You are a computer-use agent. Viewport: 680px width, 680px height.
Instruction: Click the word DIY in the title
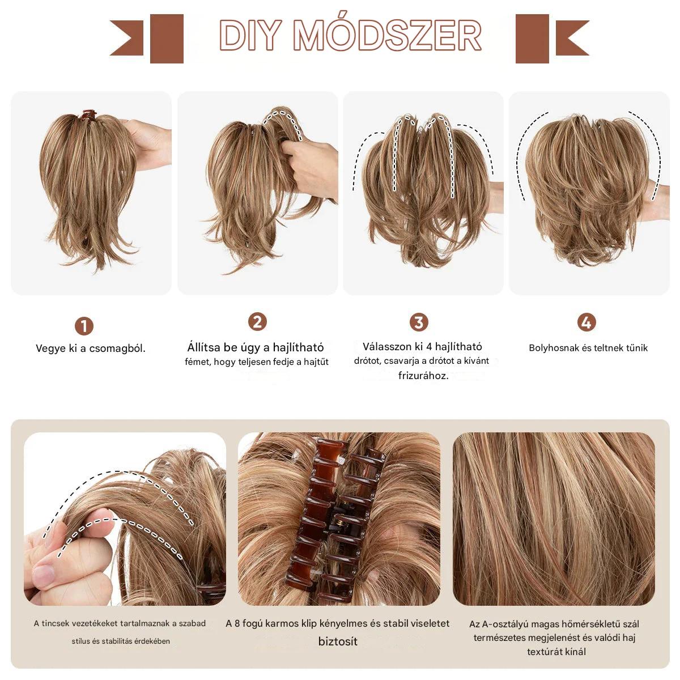click(x=250, y=35)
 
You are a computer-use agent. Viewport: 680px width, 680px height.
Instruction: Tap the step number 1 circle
click(x=84, y=326)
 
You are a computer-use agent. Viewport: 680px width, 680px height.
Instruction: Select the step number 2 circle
click(x=257, y=321)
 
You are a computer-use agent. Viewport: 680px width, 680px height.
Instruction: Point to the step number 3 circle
click(x=419, y=322)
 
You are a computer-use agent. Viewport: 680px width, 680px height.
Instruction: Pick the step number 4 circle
click(x=586, y=322)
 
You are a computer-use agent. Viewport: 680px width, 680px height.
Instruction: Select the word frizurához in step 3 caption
click(x=423, y=376)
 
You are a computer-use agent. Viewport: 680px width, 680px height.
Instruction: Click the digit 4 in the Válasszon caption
click(x=429, y=347)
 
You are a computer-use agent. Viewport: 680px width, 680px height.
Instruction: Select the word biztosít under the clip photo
click(x=338, y=641)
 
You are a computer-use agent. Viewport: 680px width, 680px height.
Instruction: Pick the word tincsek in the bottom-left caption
click(x=55, y=623)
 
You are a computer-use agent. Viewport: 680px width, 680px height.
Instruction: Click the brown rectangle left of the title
click(x=167, y=39)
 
